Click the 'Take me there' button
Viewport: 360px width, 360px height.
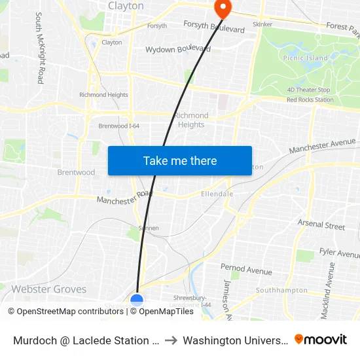tap(180, 161)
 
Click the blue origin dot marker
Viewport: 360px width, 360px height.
tap(137, 300)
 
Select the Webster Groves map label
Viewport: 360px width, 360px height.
tap(49, 289)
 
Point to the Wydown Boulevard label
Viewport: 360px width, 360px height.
tap(174, 49)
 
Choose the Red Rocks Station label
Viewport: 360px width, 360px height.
tap(310, 100)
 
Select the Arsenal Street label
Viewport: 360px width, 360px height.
tap(321, 225)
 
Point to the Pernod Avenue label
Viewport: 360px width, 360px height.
tap(246, 270)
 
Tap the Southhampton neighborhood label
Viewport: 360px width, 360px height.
tap(281, 290)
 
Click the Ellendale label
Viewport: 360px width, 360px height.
tap(217, 194)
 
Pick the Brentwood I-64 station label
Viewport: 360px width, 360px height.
tap(118, 126)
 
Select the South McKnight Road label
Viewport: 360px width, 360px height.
tap(39, 48)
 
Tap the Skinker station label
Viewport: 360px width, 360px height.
tap(262, 24)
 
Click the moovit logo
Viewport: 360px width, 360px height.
tap(320, 339)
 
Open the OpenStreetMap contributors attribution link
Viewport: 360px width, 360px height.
tap(65, 312)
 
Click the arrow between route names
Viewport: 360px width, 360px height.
tap(170, 340)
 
